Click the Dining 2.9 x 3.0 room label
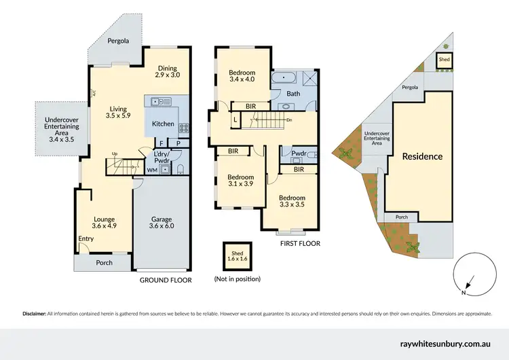pyautogui.click(x=167, y=71)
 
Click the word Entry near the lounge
pyautogui.click(x=86, y=238)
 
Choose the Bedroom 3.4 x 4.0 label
pyautogui.click(x=242, y=76)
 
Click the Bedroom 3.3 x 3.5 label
pyautogui.click(x=293, y=202)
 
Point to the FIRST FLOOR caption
pyautogui.click(x=299, y=243)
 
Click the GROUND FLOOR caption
pyautogui.click(x=166, y=280)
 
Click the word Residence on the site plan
pyautogui.click(x=422, y=156)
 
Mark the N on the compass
pyautogui.click(x=463, y=293)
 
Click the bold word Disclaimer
pyautogui.click(x=34, y=314)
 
